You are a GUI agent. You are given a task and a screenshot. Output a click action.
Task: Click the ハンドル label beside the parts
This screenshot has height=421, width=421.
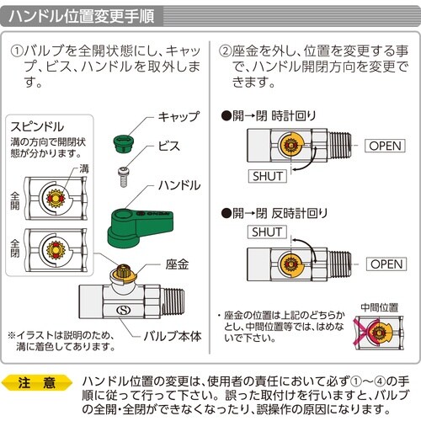pyautogui.click(x=178, y=184)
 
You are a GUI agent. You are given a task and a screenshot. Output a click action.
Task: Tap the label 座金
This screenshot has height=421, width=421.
pyautogui.click(x=178, y=264)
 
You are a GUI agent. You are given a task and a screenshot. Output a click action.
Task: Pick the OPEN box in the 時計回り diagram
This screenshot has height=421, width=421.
pyautogui.click(x=386, y=147)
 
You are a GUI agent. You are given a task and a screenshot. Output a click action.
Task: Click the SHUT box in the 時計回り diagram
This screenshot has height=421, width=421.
pyautogui.click(x=267, y=176)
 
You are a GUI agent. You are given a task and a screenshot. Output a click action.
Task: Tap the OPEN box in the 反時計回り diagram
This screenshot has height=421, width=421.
pyautogui.click(x=386, y=264)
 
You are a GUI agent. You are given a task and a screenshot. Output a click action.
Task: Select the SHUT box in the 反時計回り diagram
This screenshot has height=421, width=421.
pyautogui.click(x=267, y=232)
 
